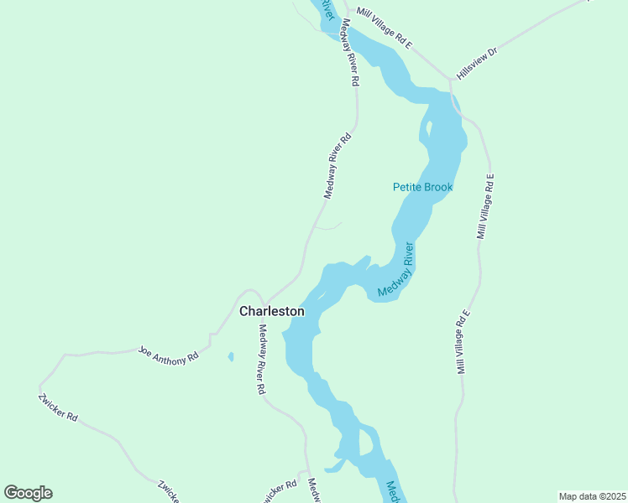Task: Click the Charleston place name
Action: tap(271, 311)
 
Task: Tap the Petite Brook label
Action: tap(422, 187)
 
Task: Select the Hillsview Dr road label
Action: tap(477, 64)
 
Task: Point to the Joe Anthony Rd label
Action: tap(168, 355)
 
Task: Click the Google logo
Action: tap(28, 493)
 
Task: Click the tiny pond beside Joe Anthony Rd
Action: tap(231, 357)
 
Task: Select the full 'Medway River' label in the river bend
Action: tap(396, 270)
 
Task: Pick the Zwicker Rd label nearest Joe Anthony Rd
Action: tap(58, 406)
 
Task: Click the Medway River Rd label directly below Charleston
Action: tap(262, 360)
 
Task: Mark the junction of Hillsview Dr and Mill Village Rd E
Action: tap(451, 82)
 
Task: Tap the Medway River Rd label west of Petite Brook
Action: tap(336, 165)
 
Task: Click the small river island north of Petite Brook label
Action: tap(427, 131)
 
